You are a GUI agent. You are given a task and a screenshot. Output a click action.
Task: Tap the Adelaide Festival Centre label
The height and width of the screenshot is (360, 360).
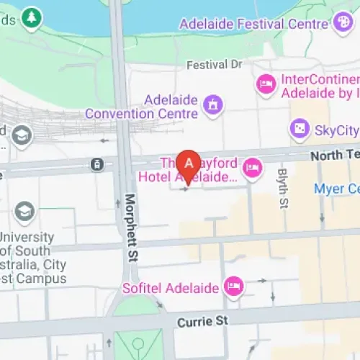(253, 23)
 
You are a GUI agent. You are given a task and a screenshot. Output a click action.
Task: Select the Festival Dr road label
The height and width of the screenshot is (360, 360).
(215, 65)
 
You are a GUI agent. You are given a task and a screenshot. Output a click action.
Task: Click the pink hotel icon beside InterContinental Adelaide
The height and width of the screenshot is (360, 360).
(266, 85)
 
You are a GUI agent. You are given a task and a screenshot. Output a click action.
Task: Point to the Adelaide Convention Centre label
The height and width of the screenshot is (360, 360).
(142, 106)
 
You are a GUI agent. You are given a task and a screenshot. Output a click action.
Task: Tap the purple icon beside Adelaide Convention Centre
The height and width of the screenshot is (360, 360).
(213, 106)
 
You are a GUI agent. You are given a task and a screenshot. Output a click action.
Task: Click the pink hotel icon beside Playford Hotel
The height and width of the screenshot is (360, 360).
(252, 169)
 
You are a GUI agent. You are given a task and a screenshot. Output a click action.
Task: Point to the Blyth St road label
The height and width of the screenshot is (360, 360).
(282, 184)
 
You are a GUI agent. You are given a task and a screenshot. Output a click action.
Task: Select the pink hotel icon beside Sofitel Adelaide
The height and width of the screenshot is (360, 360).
(234, 287)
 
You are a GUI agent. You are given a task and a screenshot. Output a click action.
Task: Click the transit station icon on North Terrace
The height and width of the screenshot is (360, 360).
(96, 165)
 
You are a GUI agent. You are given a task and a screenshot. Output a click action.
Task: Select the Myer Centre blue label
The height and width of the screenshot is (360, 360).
(336, 189)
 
